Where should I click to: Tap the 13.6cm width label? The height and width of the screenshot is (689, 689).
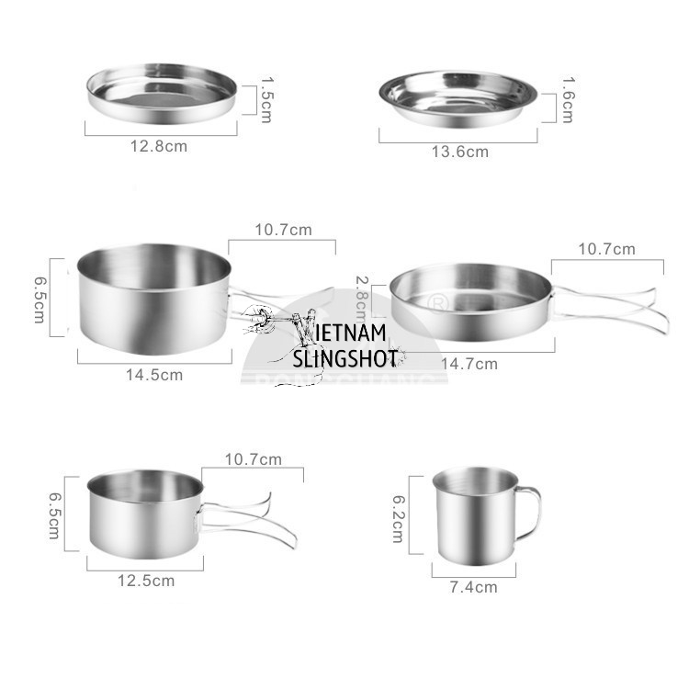coord(459,152)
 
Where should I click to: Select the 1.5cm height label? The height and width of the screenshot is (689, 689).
coord(265,99)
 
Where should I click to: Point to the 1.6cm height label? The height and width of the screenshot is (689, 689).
coord(567,100)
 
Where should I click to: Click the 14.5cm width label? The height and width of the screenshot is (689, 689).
coord(154,375)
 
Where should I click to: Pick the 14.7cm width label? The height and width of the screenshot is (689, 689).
coord(469,364)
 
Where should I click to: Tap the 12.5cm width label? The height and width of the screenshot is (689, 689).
coord(146,581)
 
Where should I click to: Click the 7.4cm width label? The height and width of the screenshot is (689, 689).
coord(474,587)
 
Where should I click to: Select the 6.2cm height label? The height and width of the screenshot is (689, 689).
coord(398,519)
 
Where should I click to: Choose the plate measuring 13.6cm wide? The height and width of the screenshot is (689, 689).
coord(457,98)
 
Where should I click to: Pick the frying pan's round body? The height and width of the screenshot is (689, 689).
coord(470,301)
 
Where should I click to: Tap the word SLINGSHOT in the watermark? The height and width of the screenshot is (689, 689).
coord(344,358)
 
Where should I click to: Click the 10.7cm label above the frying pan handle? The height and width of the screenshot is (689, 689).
coord(606,249)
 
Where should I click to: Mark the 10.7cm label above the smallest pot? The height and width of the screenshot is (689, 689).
coord(254,459)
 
